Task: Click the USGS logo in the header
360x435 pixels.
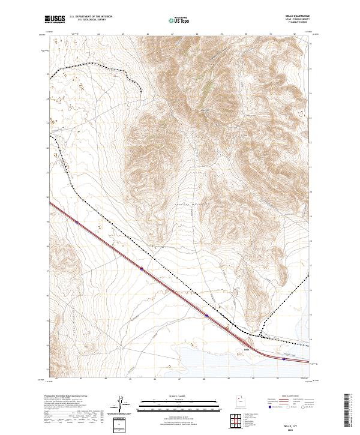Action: (x=55, y=19)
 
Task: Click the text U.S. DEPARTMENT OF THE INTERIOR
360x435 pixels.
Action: (x=91, y=17)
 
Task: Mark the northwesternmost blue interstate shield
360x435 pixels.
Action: (x=77, y=223)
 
